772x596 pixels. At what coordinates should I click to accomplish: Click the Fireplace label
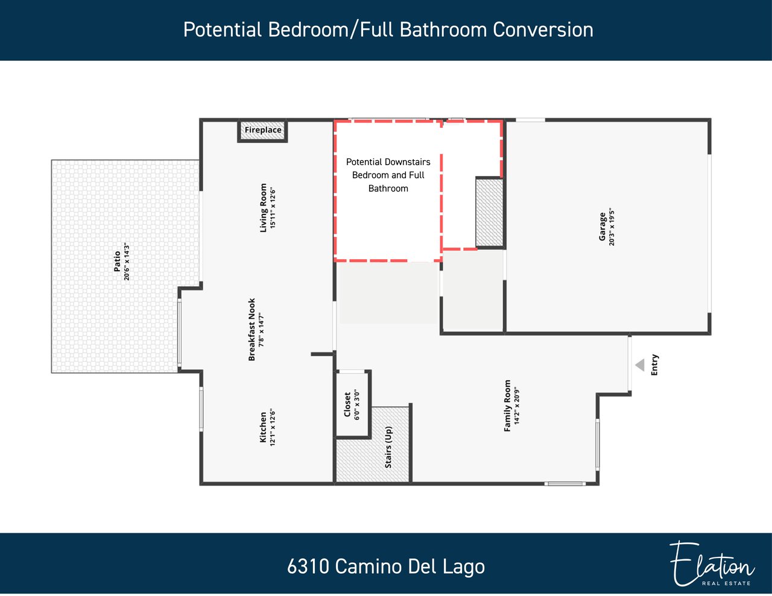[x=263, y=130]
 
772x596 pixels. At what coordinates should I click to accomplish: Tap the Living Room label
[x=263, y=208]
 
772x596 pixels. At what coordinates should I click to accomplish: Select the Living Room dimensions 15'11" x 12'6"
[x=273, y=208]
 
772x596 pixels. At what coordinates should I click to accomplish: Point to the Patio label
[x=117, y=262]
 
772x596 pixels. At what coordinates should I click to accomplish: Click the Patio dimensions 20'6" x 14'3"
[x=127, y=262]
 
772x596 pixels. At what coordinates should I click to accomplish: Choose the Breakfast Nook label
[x=252, y=330]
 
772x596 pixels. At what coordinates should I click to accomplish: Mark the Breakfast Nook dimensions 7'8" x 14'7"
[x=261, y=330]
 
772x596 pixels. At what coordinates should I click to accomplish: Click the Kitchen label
[x=263, y=427]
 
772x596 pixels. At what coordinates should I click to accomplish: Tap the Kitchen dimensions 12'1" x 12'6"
[x=273, y=427]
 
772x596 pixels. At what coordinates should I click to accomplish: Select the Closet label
[x=347, y=404]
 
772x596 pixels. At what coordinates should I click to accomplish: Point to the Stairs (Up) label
[x=388, y=447]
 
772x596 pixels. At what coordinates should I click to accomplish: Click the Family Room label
[x=507, y=406]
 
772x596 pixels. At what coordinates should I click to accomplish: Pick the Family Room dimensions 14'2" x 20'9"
[x=516, y=406]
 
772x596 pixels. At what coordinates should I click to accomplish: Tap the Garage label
[x=602, y=227]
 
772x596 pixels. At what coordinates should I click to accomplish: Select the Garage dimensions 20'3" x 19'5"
[x=612, y=227]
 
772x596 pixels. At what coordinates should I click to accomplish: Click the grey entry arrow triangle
[x=640, y=365]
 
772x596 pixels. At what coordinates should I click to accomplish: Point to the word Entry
[x=654, y=365]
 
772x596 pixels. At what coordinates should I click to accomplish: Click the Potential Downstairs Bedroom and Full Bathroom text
[x=388, y=175]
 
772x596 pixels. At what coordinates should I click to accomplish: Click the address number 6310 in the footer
[x=308, y=566]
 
